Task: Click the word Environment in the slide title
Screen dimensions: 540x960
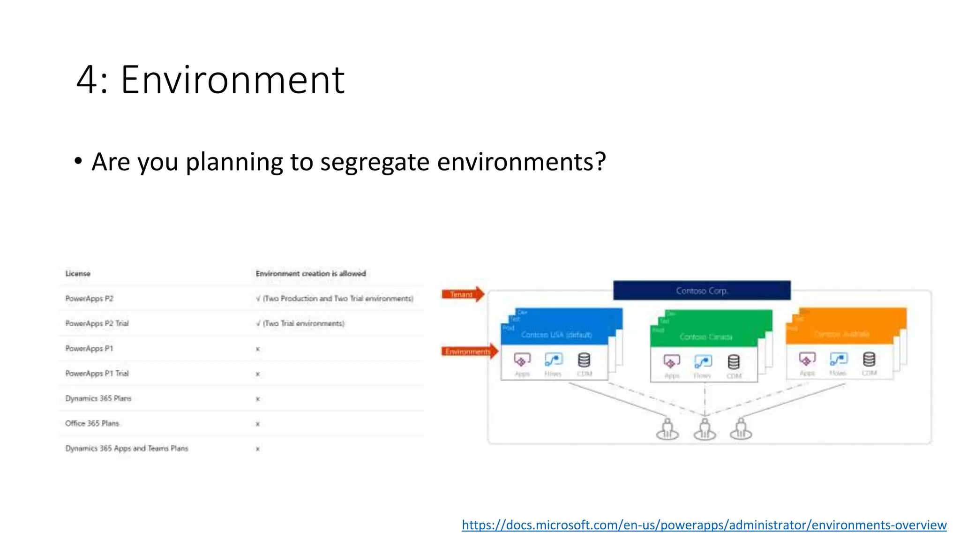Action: click(x=232, y=81)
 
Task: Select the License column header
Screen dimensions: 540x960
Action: click(x=78, y=274)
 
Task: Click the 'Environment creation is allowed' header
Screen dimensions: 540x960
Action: click(x=310, y=274)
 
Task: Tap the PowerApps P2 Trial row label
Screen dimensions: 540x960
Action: click(x=97, y=323)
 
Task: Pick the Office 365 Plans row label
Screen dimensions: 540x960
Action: click(x=92, y=423)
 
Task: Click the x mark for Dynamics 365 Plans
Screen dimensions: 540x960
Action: click(x=258, y=399)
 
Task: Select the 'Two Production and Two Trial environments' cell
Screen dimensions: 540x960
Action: click(x=335, y=299)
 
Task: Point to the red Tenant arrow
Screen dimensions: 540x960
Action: click(x=462, y=294)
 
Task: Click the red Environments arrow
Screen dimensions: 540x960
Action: click(x=469, y=352)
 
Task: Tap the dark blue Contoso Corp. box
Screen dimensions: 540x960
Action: click(x=702, y=291)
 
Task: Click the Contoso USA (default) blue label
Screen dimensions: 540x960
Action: click(x=556, y=335)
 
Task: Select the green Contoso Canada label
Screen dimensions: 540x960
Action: click(x=706, y=337)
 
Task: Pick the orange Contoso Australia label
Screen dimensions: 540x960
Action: click(x=842, y=334)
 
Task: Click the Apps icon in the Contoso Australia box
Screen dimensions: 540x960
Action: click(x=807, y=360)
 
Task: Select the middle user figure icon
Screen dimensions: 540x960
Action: click(x=705, y=429)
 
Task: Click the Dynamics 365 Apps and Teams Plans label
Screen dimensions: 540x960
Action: click(x=127, y=449)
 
